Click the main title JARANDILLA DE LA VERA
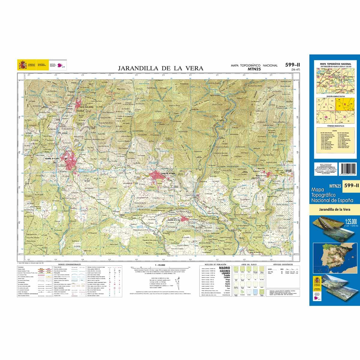[x=160, y=68]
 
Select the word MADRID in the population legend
[x=225, y=268]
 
